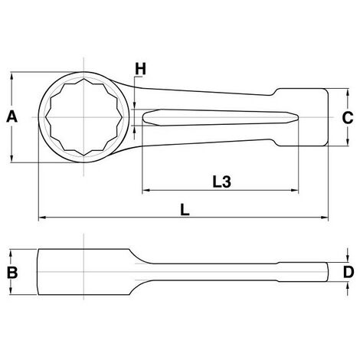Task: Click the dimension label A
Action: coord(11,116)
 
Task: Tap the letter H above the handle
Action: coord(140,70)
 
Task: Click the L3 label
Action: coord(222,182)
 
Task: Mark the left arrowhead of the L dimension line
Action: coord(41,218)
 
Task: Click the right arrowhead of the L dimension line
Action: coord(328,218)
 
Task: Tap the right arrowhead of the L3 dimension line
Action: coord(328,191)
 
